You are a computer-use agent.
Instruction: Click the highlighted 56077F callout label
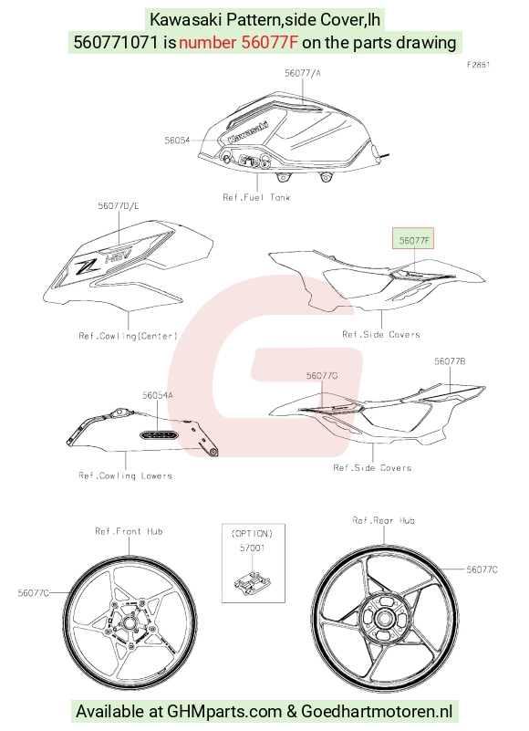[x=414, y=240]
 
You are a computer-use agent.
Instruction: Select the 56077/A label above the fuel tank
[x=303, y=73]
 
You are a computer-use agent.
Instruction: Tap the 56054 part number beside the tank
[x=177, y=141]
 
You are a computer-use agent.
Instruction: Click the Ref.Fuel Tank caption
[x=256, y=197]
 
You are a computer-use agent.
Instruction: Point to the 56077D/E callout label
[x=119, y=205]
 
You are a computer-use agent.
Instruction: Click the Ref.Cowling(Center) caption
[x=129, y=336]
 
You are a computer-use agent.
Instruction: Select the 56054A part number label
[x=158, y=395]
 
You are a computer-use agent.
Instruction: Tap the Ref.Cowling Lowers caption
[x=125, y=475]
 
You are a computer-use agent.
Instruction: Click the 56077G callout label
[x=322, y=376]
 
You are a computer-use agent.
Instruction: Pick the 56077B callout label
[x=450, y=361]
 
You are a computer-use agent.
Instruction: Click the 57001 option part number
[x=252, y=548]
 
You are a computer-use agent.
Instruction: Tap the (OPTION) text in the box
[x=252, y=533]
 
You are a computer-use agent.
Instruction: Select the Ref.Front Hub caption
[x=129, y=531]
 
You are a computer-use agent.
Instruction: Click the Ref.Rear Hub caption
[x=384, y=520]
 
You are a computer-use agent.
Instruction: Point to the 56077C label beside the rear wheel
[x=482, y=569]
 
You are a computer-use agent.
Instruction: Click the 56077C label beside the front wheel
[x=33, y=593]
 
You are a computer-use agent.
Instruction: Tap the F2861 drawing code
[x=479, y=65]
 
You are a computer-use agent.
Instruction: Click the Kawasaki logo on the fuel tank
[x=248, y=132]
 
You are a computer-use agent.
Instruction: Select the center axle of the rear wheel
[x=384, y=619]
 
